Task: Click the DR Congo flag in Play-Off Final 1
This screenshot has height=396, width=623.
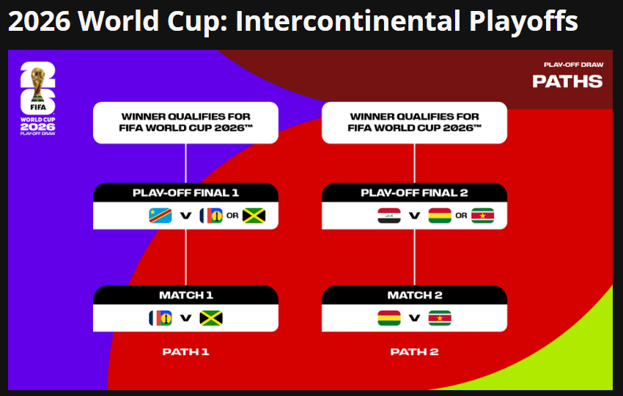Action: [x=160, y=216]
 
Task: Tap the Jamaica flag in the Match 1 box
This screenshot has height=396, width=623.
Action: [x=211, y=318]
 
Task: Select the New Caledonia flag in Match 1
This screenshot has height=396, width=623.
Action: [x=160, y=318]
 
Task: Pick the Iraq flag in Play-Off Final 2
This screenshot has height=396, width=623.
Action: [x=389, y=216]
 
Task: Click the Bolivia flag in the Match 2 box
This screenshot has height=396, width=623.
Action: [x=389, y=318]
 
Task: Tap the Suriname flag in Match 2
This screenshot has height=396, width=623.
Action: [x=440, y=318]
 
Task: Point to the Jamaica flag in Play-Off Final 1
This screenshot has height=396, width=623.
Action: [x=254, y=216]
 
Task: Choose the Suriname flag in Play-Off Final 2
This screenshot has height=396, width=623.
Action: [x=483, y=216]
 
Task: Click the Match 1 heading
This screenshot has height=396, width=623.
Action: [x=186, y=295]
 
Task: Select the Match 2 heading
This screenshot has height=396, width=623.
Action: [x=415, y=295]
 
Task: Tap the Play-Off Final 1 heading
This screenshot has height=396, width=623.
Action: [x=185, y=193]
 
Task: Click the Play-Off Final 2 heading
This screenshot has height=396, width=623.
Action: [x=414, y=193]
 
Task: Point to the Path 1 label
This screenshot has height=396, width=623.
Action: [x=185, y=352]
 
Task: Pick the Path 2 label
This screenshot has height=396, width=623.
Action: [x=414, y=352]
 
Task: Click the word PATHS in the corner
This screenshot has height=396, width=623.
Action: [x=567, y=81]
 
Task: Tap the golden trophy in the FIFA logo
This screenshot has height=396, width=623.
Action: [x=38, y=84]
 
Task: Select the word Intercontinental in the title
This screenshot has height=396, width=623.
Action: [x=348, y=21]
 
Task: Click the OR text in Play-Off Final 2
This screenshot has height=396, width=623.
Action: [x=461, y=216]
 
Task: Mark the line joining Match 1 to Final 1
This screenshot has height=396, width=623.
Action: [x=185, y=257]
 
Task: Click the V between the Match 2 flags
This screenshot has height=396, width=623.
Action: [x=414, y=318]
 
